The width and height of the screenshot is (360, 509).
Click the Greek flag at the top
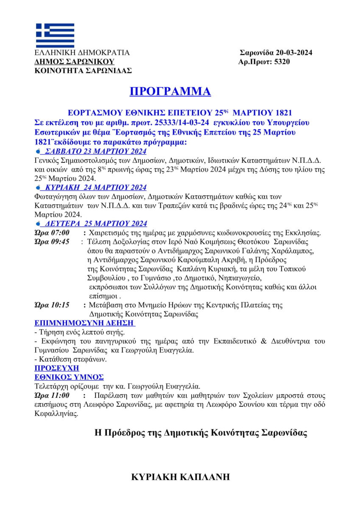(55, 35)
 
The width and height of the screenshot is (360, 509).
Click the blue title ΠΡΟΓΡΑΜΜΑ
(170, 92)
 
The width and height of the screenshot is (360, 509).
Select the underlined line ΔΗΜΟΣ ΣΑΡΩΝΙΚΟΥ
(69, 62)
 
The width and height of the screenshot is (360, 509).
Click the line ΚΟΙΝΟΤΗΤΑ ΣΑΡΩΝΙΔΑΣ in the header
(83, 70)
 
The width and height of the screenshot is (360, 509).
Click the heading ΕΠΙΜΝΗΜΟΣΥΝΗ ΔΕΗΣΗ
(84, 323)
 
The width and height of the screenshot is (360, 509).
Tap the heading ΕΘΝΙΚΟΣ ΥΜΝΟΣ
(69, 377)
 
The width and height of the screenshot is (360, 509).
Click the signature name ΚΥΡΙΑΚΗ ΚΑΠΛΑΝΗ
(181, 477)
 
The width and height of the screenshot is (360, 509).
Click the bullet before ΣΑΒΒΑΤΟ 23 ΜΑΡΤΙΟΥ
(38, 152)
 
